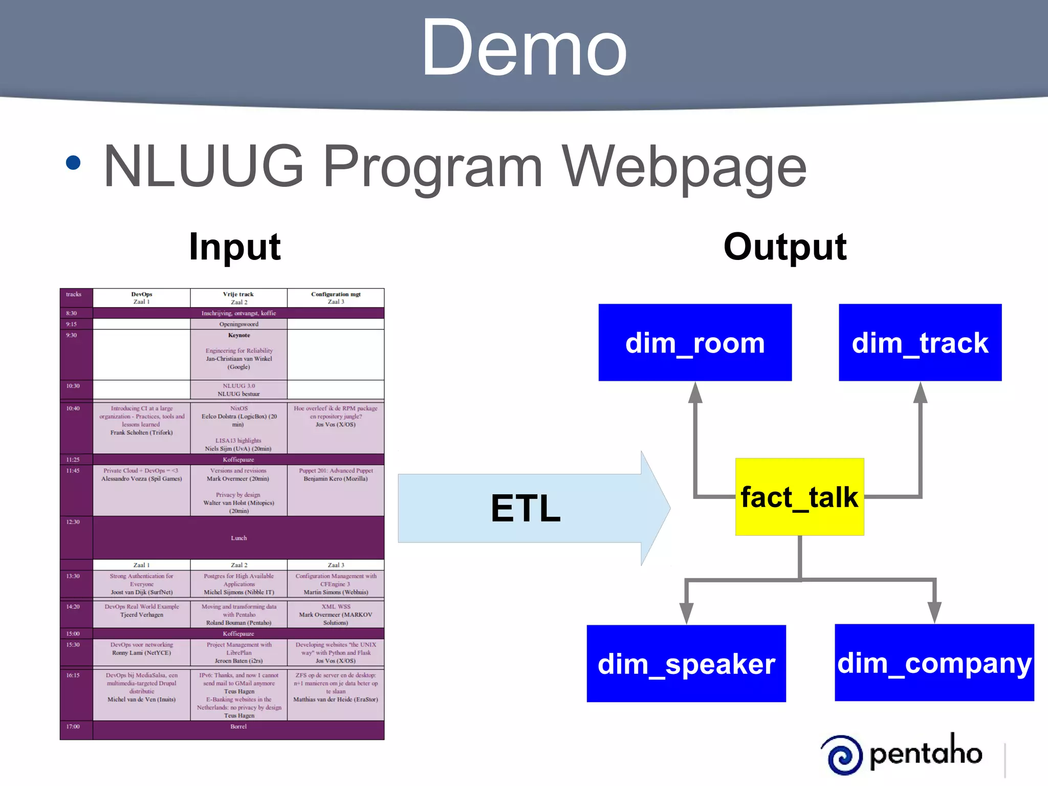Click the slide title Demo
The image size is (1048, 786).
[524, 49]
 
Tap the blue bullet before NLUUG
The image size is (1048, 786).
[74, 163]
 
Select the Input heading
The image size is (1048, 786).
[235, 247]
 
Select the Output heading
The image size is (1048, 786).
[785, 247]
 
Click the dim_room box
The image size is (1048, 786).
[695, 342]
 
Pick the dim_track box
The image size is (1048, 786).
[920, 342]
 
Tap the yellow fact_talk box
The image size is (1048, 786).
[799, 497]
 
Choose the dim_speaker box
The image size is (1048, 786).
[686, 663]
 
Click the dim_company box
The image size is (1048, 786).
[934, 663]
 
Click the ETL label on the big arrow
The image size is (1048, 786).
[526, 508]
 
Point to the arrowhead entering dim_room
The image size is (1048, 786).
[695, 392]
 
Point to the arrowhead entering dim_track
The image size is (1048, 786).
[920, 392]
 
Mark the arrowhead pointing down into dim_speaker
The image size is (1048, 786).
[686, 613]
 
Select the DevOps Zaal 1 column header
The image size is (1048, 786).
[142, 298]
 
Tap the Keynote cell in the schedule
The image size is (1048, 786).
[239, 336]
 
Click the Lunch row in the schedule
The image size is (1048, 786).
[238, 538]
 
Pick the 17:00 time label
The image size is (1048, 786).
[73, 727]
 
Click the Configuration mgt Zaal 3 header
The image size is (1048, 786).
[336, 298]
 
